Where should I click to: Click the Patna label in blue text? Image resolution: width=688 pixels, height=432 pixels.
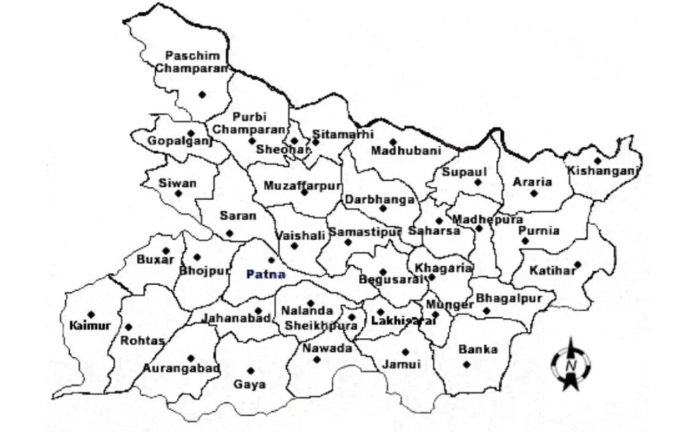(x=266, y=274)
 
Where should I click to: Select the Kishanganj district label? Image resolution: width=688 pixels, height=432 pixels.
(x=602, y=171)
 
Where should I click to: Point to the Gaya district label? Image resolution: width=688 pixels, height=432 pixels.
(x=249, y=385)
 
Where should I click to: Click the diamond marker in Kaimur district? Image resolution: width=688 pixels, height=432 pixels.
(x=91, y=314)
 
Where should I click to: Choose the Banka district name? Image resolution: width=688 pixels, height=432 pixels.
(x=478, y=349)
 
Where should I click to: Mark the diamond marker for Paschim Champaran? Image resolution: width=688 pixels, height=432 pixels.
(x=202, y=95)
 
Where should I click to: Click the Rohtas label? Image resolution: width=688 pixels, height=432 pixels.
(x=142, y=341)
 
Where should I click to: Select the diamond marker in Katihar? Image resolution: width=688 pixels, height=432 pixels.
(x=577, y=264)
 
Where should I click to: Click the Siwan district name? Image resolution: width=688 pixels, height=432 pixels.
(x=177, y=183)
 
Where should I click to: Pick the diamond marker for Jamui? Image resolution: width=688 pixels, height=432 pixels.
(x=405, y=351)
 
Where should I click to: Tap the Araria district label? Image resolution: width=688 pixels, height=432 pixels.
(x=532, y=181)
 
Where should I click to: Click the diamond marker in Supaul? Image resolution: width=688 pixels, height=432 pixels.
(x=478, y=182)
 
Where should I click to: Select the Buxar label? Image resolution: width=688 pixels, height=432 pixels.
(x=155, y=259)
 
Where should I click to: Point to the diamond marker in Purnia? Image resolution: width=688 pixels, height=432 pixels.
(x=525, y=241)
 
